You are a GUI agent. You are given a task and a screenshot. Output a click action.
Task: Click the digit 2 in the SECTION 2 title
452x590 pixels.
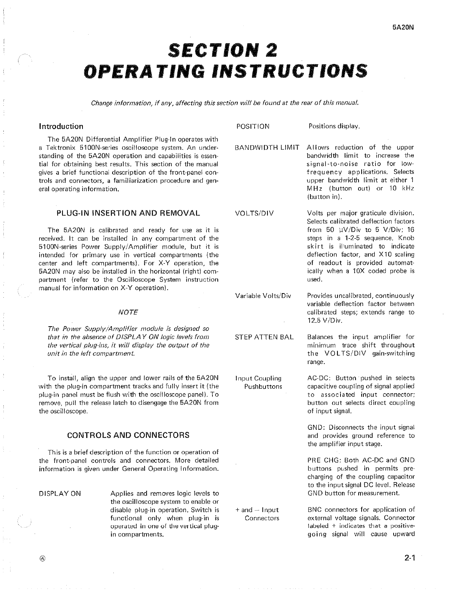(269, 50)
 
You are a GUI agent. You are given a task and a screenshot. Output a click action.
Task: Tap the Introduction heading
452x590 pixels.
(61, 126)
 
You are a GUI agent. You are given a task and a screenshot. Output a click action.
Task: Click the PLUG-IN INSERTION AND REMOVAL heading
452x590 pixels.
(128, 213)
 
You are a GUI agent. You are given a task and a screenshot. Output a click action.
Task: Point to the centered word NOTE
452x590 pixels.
(128, 312)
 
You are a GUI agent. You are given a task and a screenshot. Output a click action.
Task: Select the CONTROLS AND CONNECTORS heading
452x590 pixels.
(128, 435)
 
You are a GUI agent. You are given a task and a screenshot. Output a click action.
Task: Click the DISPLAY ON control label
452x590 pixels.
(60, 494)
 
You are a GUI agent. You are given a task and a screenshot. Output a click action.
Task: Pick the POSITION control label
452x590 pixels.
(253, 126)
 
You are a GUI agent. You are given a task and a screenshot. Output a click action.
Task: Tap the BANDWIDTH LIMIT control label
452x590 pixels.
(267, 147)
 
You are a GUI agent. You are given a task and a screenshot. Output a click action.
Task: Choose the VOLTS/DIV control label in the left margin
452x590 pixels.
(254, 213)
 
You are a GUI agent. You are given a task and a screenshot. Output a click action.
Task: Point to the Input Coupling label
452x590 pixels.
(258, 378)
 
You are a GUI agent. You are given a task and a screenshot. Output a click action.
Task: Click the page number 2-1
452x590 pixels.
(408, 558)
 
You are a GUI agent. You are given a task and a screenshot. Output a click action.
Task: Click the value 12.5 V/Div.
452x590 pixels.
(324, 321)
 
